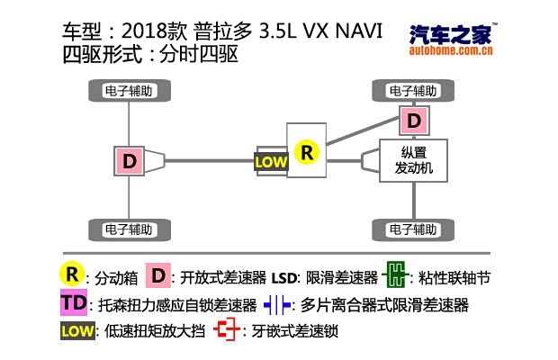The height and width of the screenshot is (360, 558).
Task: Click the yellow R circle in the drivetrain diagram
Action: point(308,152)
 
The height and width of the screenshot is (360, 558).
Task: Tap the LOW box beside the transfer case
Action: point(271,162)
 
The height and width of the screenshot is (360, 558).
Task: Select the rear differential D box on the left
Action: point(130,161)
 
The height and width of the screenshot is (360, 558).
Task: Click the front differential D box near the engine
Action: point(413,120)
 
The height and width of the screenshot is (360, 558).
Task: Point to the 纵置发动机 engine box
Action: point(410,160)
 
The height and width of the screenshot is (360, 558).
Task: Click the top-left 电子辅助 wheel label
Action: point(130,91)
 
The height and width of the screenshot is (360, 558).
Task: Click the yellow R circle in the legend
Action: point(71,274)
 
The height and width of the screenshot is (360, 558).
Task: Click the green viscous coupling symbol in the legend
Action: point(394,274)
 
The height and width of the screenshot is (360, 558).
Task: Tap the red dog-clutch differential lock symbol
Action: point(229,331)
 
